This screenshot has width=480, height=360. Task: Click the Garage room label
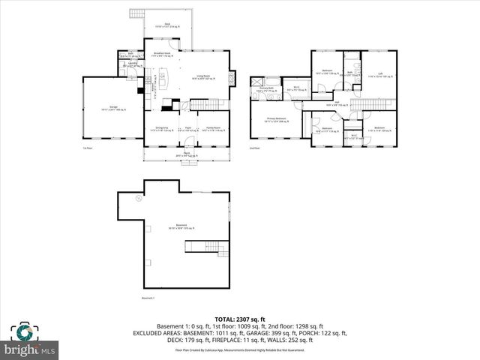point(112,109)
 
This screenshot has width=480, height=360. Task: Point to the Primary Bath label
point(266,88)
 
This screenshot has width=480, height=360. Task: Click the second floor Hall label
point(337,103)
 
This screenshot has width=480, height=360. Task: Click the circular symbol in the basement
point(138,199)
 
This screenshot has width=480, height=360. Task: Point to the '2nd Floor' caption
point(256,148)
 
